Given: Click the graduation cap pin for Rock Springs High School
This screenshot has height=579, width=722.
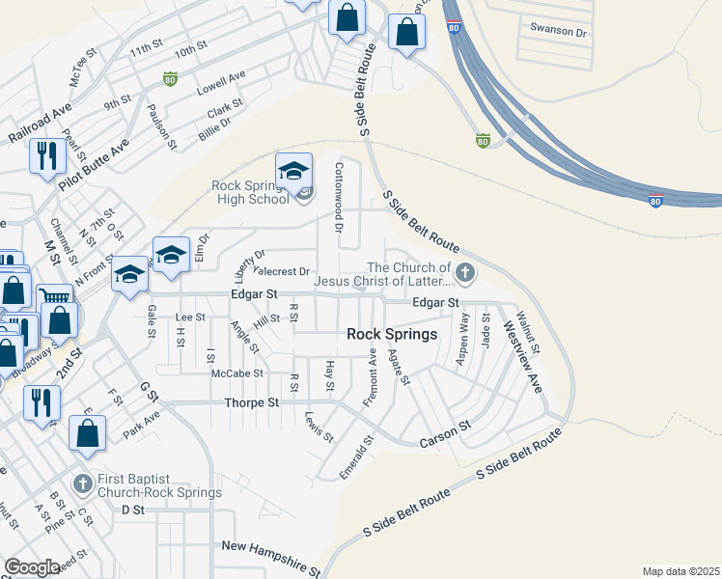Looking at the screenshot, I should tap(293, 171).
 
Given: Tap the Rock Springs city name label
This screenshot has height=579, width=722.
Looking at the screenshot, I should tap(392, 334).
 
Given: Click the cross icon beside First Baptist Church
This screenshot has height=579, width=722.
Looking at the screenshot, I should tap(83, 482).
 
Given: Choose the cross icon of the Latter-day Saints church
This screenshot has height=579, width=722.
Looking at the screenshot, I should tap(465, 273).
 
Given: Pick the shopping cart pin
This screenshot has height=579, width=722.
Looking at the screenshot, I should tap(54, 300).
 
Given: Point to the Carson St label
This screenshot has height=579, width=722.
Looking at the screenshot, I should tap(444, 432).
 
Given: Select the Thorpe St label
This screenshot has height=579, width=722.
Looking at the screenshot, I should tap(251, 402).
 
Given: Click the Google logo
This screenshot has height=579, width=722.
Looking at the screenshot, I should tap(32, 567).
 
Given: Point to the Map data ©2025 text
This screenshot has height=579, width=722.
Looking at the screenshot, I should tap(680, 571).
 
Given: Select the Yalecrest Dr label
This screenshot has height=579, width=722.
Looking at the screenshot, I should tap(283, 272).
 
